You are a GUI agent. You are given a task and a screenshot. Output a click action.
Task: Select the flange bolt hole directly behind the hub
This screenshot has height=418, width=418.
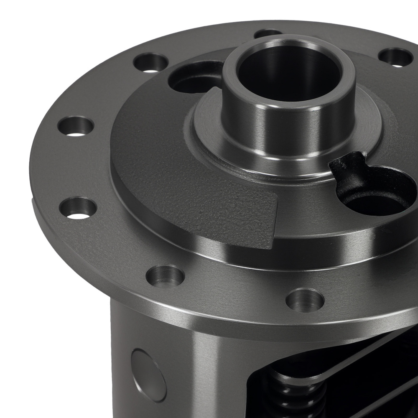tap(268, 33)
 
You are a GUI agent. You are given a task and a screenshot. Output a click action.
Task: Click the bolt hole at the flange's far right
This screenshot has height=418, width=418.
tap(395, 57)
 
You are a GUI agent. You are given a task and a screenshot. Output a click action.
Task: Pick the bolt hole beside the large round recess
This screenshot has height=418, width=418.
tap(150, 63)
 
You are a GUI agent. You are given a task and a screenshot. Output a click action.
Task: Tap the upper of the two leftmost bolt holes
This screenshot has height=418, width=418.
tap(75, 126)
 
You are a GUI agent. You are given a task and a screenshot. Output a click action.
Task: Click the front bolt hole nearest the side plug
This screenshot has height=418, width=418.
tap(165, 276)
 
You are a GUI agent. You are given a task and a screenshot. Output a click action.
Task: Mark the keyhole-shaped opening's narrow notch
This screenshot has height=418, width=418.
tap(347, 167)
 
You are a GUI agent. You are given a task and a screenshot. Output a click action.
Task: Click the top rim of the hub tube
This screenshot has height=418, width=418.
tap(288, 42)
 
